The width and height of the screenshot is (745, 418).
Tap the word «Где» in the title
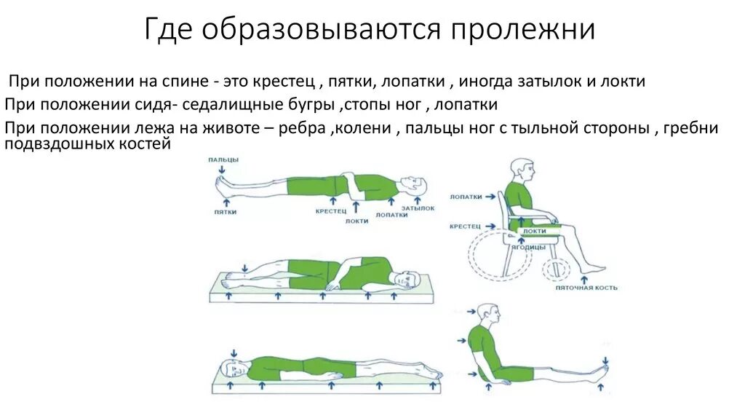(x=171, y=30)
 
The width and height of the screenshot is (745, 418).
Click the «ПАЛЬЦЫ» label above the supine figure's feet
(x=223, y=159)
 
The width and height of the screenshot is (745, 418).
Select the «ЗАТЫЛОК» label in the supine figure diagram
(x=421, y=208)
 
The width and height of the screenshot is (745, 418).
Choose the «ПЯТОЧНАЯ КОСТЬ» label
(x=586, y=288)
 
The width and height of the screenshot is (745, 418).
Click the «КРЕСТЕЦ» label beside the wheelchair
(x=464, y=226)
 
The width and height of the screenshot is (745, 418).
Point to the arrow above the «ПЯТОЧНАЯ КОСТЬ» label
(x=586, y=277)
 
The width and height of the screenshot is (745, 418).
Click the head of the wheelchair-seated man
(x=521, y=170)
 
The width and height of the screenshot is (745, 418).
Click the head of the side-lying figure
(x=404, y=277)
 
